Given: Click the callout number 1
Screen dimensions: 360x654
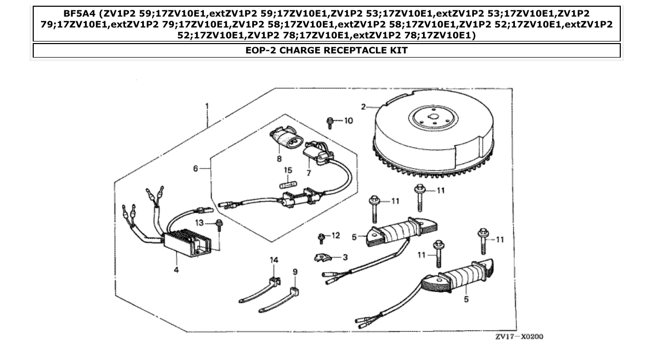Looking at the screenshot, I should click(207, 106).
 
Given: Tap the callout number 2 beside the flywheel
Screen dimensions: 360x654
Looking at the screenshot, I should click(364, 107).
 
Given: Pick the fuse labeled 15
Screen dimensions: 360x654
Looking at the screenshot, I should click(288, 185).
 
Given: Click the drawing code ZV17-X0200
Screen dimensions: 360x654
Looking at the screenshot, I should click(519, 337).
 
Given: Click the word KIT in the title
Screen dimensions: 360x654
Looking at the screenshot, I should click(399, 50).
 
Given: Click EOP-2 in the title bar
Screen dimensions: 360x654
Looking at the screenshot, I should click(262, 50).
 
